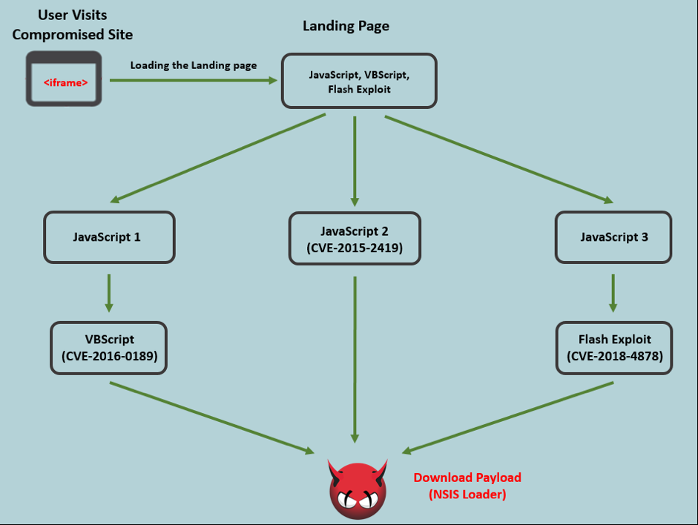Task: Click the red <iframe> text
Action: [65, 82]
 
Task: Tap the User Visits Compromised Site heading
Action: [72, 25]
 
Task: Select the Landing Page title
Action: [346, 26]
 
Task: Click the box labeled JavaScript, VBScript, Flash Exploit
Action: [358, 81]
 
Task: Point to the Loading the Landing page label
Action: [194, 65]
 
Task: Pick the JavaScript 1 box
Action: [109, 237]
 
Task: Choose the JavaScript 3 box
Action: [613, 237]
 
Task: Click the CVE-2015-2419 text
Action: [355, 248]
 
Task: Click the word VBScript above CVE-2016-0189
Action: [110, 340]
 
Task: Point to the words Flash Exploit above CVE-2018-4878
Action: [614, 340]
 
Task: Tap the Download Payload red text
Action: [467, 478]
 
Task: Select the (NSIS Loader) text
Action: [467, 494]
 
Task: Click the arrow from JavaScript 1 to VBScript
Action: [109, 292]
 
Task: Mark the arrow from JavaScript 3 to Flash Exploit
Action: [613, 292]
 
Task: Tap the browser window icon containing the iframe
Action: [64, 79]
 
